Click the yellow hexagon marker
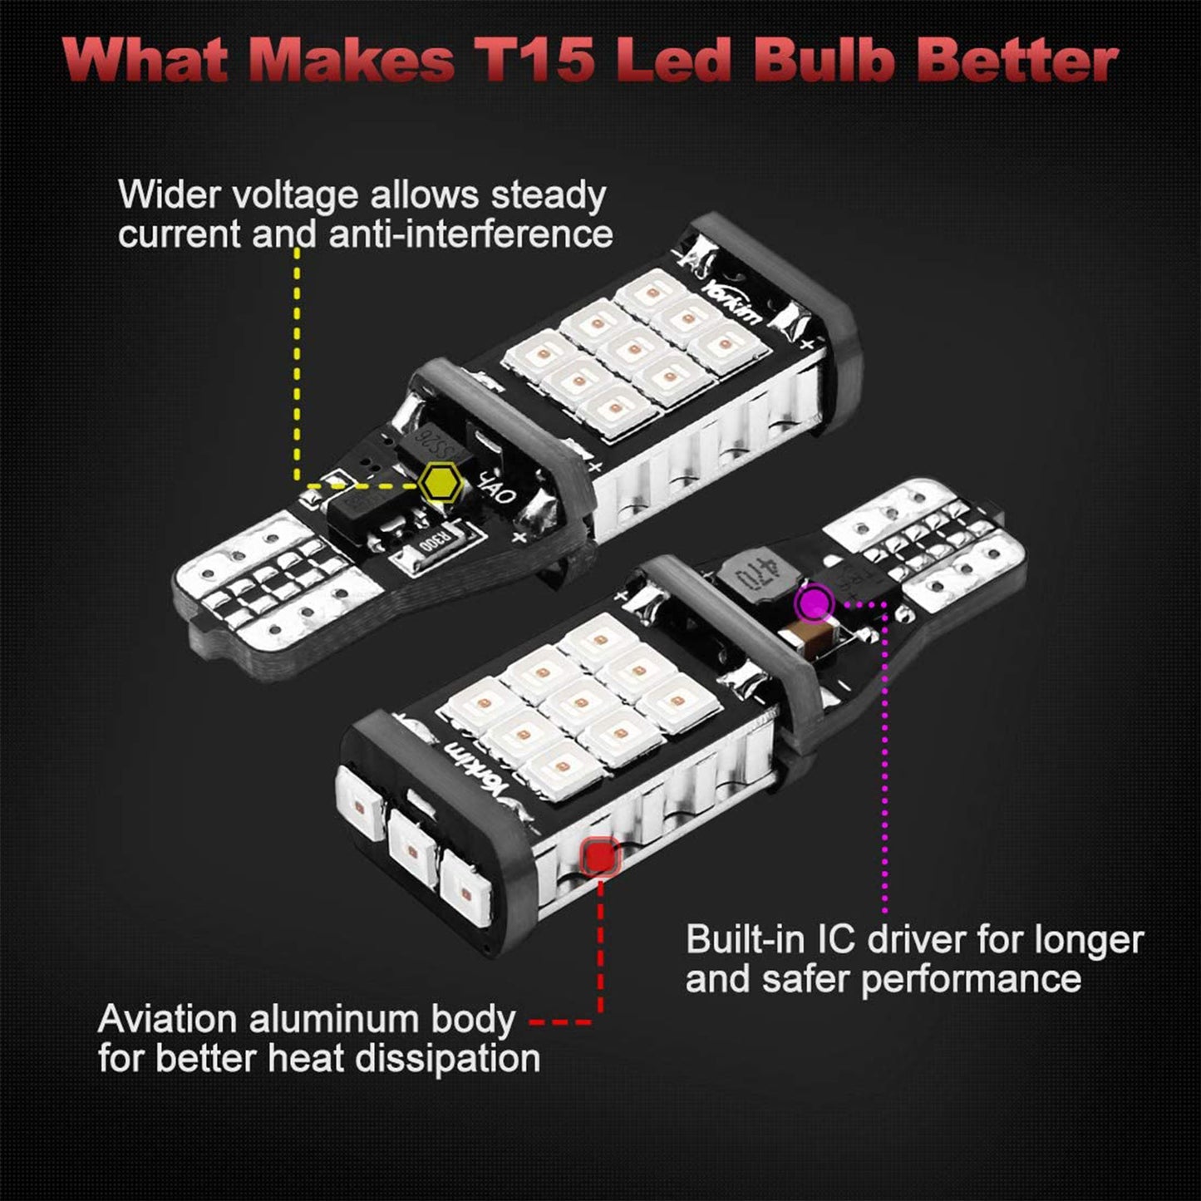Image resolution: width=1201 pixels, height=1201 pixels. coord(440,482)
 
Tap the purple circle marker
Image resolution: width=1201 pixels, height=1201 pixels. coord(814,602)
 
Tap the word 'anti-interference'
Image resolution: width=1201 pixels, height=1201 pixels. coord(470,235)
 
